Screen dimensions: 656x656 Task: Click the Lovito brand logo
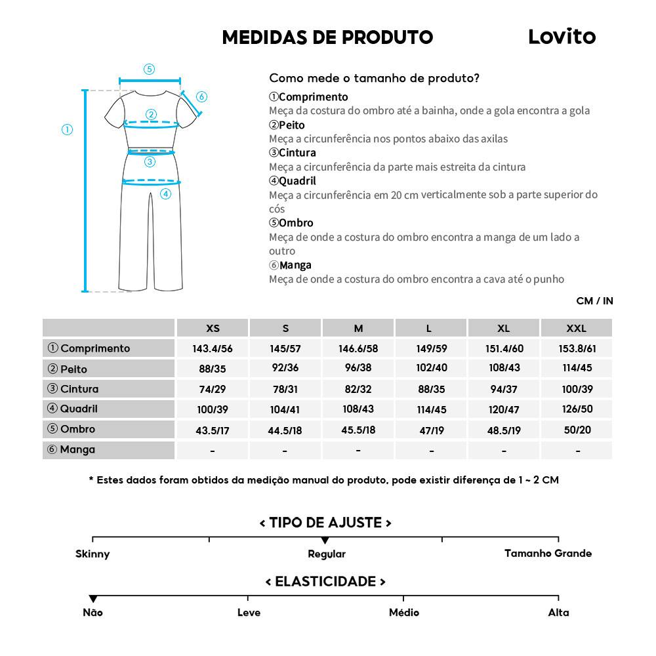[x=562, y=37]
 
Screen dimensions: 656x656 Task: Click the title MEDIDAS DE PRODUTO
[x=327, y=37]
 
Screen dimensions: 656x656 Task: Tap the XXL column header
[x=576, y=328]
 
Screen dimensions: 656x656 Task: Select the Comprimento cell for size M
[x=358, y=348]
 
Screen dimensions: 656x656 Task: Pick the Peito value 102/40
[x=432, y=368]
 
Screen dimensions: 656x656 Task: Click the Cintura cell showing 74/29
[x=213, y=389]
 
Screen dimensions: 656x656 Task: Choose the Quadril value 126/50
[x=577, y=409]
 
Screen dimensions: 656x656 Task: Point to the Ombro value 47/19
[x=432, y=430]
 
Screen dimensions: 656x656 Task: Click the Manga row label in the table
[x=77, y=450]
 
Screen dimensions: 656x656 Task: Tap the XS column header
[x=213, y=328]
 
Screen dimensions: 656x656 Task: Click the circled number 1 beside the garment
[x=67, y=129]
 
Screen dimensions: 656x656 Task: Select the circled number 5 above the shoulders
[x=150, y=69]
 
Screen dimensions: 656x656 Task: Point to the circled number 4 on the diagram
[x=165, y=194]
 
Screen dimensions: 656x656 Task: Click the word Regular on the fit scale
[x=327, y=554]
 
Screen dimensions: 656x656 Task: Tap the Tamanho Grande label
[x=548, y=553]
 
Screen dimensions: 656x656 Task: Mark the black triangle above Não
[x=93, y=599]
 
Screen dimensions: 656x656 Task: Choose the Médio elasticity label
[x=404, y=613]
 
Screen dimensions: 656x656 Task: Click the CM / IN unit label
[x=594, y=301]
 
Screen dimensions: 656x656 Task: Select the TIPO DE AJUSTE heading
[x=325, y=523]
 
